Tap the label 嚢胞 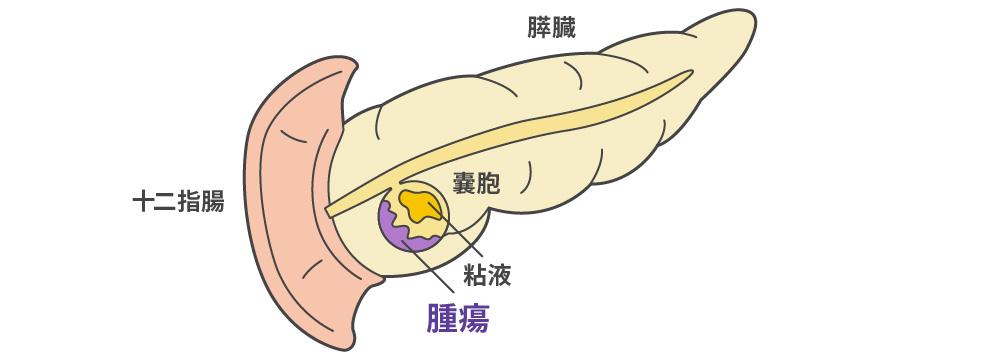[475, 183]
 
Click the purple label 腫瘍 [457, 317]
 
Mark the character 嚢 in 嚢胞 [462, 183]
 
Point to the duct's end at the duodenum [333, 210]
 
